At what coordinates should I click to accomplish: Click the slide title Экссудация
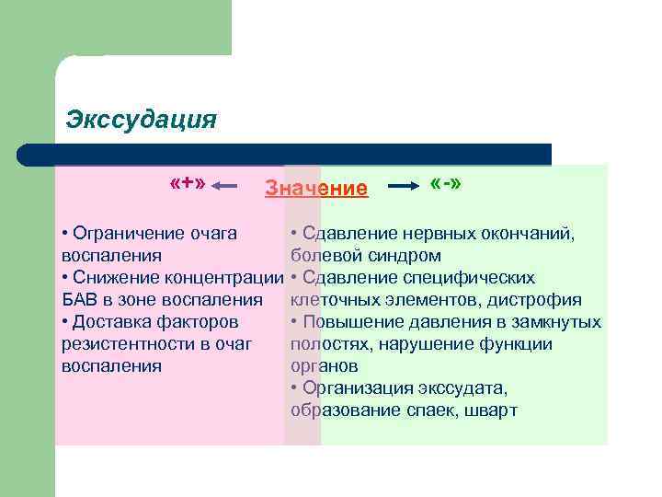pyautogui.click(x=142, y=120)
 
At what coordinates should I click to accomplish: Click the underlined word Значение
pyautogui.click(x=316, y=189)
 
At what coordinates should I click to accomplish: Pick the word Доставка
pyautogui.click(x=112, y=321)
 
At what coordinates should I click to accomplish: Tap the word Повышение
pyautogui.click(x=352, y=321)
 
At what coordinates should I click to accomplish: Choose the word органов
pyautogui.click(x=322, y=365)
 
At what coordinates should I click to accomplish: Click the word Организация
pyautogui.click(x=360, y=387)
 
